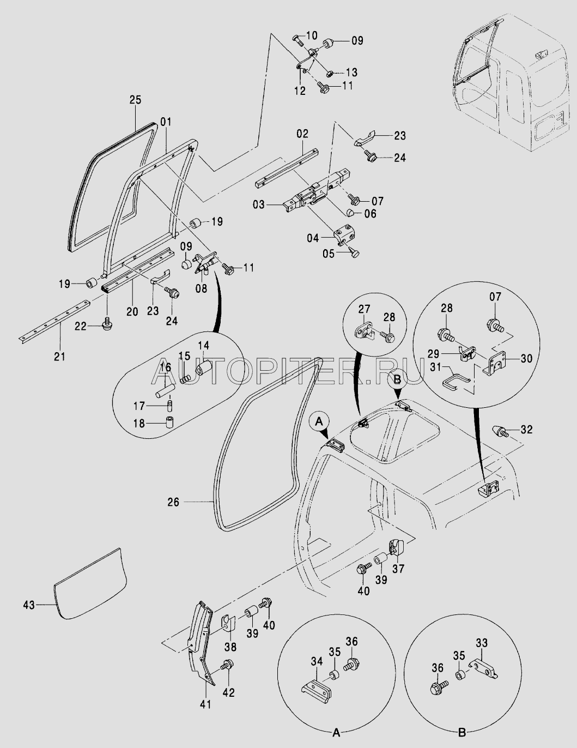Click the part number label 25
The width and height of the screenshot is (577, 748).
[x=136, y=100]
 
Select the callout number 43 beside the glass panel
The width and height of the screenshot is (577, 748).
[x=29, y=605]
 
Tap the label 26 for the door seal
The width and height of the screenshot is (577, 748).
[x=173, y=502]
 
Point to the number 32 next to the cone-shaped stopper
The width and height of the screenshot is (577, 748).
[x=526, y=429]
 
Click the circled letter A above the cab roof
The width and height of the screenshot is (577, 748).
[x=320, y=420]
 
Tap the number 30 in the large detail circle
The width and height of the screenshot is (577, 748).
[x=526, y=358]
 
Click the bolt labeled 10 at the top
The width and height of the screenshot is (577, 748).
[x=297, y=41]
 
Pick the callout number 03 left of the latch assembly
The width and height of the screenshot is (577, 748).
[x=259, y=205]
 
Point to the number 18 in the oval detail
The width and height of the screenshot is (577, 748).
[x=139, y=423]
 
